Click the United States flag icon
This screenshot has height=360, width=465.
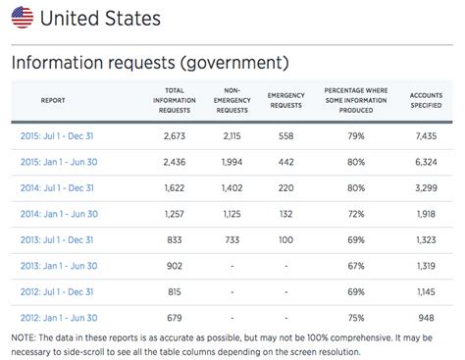coord(22,17)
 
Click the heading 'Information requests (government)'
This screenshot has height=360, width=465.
coord(149,62)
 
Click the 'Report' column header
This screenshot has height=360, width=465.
coord(53,100)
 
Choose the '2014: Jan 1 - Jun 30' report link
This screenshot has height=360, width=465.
coord(59,213)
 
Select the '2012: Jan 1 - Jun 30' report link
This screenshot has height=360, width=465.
coord(59,317)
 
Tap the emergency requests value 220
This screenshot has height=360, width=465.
coord(285,187)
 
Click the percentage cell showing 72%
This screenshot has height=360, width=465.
coord(356,213)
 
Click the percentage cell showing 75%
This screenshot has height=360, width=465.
coord(356,317)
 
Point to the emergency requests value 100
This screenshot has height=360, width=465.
coord(285,239)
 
